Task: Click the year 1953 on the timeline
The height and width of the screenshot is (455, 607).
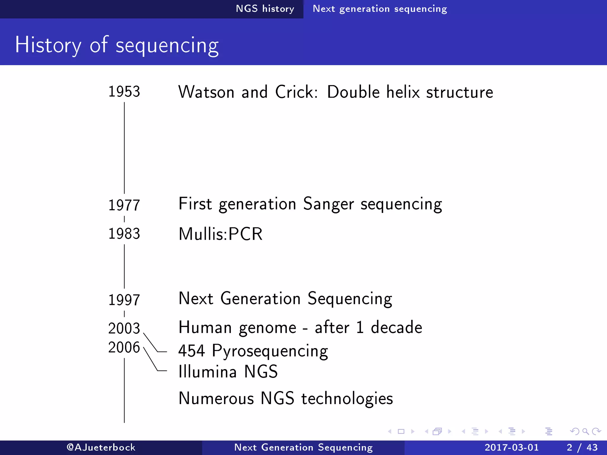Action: (124, 92)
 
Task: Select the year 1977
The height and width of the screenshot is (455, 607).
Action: (124, 205)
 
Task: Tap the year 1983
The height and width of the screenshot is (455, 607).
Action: (124, 234)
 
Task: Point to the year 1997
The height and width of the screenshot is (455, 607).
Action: (124, 300)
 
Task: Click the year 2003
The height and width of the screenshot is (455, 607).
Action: (124, 328)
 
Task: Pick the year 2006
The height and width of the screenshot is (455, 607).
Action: (124, 347)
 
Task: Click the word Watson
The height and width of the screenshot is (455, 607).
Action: (206, 92)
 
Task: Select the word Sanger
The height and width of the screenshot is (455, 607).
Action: (328, 204)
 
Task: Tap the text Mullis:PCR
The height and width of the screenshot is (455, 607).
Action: (221, 234)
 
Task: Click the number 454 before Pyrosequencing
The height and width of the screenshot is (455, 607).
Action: (191, 351)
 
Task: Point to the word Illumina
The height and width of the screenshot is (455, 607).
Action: (207, 371)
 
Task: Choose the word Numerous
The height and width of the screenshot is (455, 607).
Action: (216, 398)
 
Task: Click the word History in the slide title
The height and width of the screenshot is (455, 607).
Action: (48, 45)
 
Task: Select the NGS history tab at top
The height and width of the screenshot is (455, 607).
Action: (265, 9)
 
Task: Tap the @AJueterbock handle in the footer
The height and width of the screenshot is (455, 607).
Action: (101, 447)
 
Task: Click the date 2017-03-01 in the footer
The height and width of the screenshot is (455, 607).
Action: (512, 447)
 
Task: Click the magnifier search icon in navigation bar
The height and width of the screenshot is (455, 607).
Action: (585, 432)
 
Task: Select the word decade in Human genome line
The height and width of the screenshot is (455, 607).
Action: (396, 328)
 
